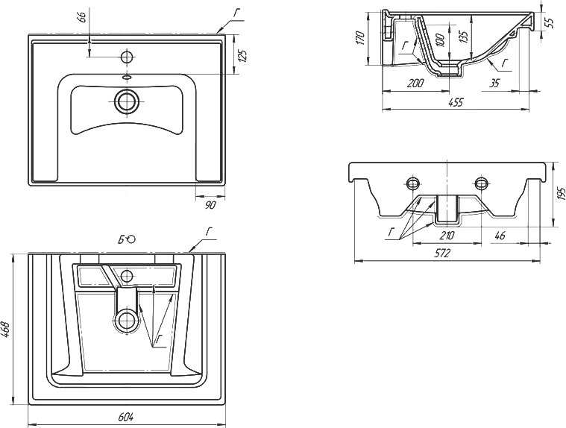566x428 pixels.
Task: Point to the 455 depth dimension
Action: coord(455,103)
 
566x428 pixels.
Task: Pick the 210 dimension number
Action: coord(447,236)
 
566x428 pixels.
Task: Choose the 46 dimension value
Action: coord(500,236)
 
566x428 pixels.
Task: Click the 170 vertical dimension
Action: coord(359,37)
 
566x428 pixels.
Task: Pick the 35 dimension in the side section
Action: coord(495,84)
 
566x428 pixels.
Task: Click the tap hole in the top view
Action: coord(127,56)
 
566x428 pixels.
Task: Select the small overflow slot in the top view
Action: coord(127,77)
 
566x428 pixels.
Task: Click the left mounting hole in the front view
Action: coord(412,183)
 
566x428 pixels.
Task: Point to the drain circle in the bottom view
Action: coord(127,321)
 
